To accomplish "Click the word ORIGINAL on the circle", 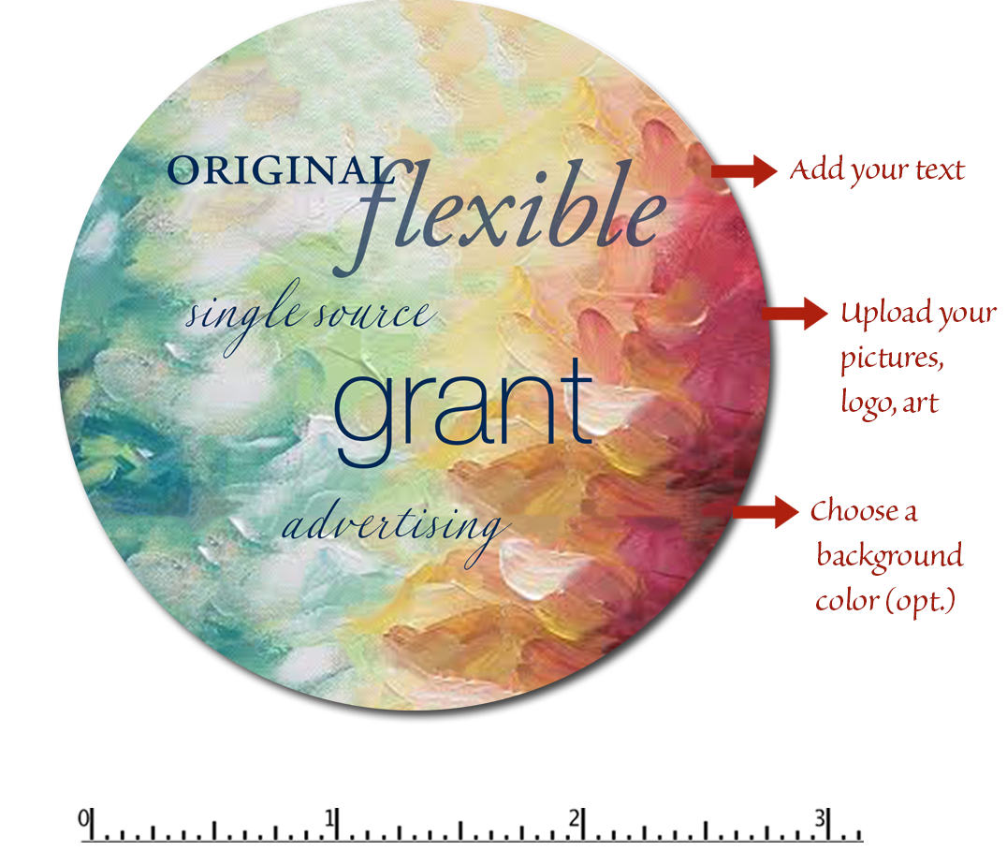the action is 277,170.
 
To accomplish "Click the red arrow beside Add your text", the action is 744,171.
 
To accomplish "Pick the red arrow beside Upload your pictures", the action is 795,314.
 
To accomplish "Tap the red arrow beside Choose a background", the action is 766,511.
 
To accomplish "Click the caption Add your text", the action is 877,171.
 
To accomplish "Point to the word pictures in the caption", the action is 892,359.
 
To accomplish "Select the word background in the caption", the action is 890,557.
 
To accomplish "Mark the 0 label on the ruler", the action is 83,819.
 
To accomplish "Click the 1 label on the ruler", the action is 329,819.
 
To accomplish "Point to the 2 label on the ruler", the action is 574,819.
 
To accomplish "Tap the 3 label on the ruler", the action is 820,819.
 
